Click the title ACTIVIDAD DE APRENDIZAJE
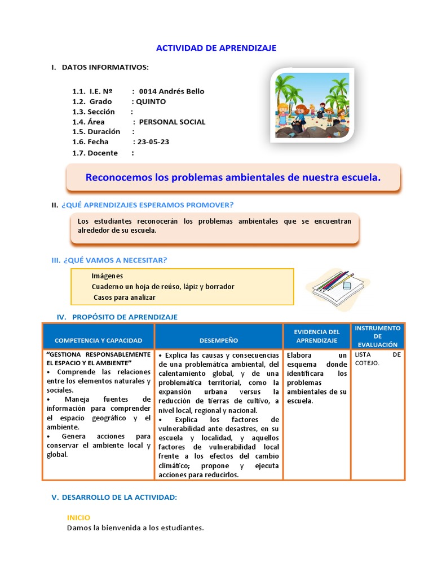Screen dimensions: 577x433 click(x=216, y=48)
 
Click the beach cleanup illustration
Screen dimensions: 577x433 click(x=312, y=105)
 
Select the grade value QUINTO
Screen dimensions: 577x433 click(x=151, y=101)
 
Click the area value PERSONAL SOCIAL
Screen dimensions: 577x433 click(x=172, y=122)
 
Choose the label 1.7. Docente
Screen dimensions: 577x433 click(x=95, y=153)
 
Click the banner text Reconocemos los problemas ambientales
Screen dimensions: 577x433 click(x=233, y=177)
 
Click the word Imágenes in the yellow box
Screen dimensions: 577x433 click(x=107, y=276)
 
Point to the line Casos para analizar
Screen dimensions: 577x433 click(x=124, y=297)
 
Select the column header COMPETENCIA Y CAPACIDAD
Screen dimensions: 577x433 click(x=98, y=340)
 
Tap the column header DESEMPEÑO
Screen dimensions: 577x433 click(x=219, y=340)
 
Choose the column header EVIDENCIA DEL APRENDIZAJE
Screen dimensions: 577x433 click(x=317, y=336)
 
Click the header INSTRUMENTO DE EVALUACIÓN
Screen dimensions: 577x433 click(x=377, y=336)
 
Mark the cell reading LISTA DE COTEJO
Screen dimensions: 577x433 click(x=377, y=359)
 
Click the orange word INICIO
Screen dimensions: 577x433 click(x=78, y=517)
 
